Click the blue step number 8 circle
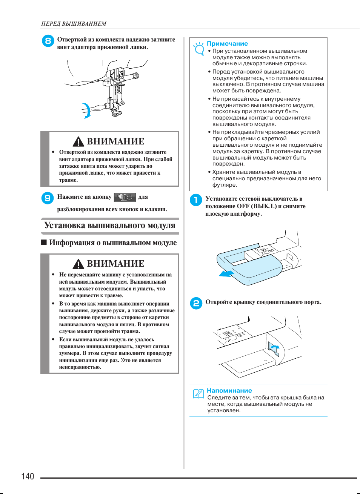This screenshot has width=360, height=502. pyautogui.click(x=48, y=41)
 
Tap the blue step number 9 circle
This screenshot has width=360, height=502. pyautogui.click(x=48, y=198)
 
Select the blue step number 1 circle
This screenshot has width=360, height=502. pyautogui.click(x=196, y=200)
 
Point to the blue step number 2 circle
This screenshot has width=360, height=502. pyautogui.click(x=196, y=303)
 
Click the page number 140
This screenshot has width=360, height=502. pyautogui.click(x=28, y=476)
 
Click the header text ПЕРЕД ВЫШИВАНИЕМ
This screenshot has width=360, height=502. pyautogui.click(x=74, y=24)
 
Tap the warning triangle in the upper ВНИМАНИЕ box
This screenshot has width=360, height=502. pyautogui.click(x=78, y=142)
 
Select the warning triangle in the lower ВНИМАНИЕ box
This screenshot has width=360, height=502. pyautogui.click(x=78, y=264)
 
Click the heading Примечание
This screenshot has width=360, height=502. pyautogui.click(x=227, y=44)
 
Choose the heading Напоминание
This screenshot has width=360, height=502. pyautogui.click(x=229, y=391)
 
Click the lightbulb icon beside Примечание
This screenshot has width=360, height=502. pyautogui.click(x=198, y=49)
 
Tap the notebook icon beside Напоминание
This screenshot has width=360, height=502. pyautogui.click(x=198, y=394)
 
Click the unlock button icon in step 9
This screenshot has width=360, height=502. pyautogui.click(x=125, y=197)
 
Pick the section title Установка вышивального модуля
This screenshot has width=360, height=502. pyautogui.click(x=109, y=226)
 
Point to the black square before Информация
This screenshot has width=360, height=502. pyautogui.click(x=44, y=243)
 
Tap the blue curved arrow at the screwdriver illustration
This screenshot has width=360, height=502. pyautogui.click(x=87, y=111)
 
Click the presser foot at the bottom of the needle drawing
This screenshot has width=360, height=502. pyautogui.click(x=117, y=112)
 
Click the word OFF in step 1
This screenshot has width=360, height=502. pyautogui.click(x=243, y=206)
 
